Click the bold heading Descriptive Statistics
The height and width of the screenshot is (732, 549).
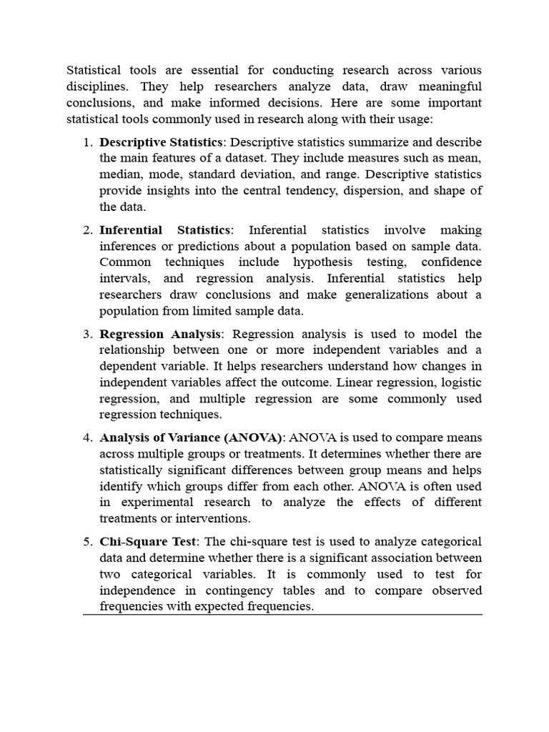161,142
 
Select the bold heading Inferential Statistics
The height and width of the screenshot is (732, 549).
165,230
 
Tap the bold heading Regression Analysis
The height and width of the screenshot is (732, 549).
161,334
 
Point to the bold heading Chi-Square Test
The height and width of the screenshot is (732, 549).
147,541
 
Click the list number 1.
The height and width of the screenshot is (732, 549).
87,142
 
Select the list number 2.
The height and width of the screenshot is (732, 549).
87,230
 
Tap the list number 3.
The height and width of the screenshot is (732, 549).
87,334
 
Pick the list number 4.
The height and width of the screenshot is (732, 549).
87,437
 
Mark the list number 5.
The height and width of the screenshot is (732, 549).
87,541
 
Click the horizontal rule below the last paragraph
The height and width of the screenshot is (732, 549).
282,615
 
